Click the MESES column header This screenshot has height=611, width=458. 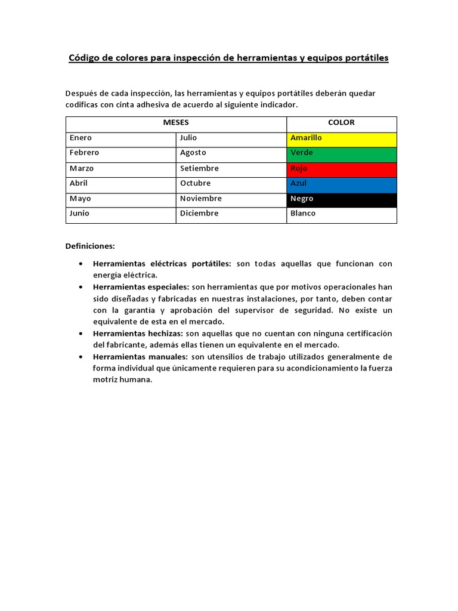[176, 122]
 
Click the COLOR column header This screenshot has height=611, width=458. [341, 122]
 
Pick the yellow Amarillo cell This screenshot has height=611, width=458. [342, 138]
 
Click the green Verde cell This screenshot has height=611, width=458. [342, 153]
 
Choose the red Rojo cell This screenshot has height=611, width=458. [342, 169]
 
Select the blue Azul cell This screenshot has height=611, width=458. [342, 184]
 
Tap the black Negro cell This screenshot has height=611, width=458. [342, 199]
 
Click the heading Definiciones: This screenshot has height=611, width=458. [90, 246]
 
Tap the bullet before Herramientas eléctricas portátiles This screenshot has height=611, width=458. [81, 264]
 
